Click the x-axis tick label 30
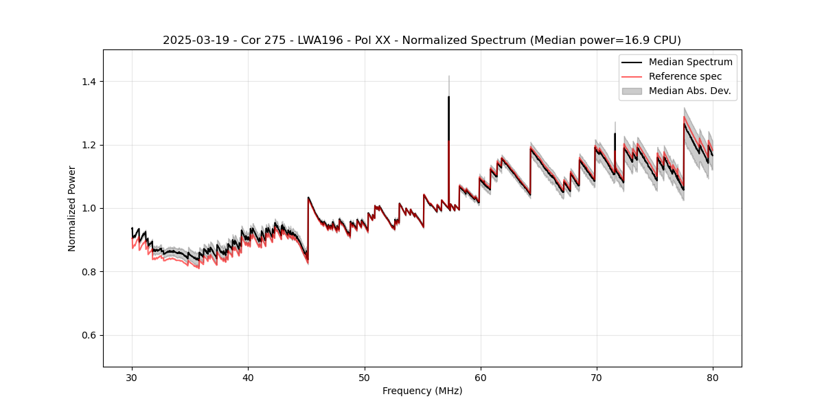[x=132, y=377]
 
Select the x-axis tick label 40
[x=248, y=377]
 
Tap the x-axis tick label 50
[x=364, y=377]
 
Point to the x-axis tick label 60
[x=481, y=377]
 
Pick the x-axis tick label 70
[x=597, y=377]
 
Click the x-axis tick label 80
[x=713, y=377]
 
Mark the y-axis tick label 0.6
[x=89, y=335]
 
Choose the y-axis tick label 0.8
[x=89, y=272]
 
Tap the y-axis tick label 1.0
[x=89, y=208]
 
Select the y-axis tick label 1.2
[x=89, y=145]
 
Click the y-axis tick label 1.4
[x=89, y=82]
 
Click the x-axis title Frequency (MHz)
[x=422, y=391]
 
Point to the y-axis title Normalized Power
[x=72, y=208]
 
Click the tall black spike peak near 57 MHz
[x=448, y=97]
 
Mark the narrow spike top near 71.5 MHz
[x=615, y=134]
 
